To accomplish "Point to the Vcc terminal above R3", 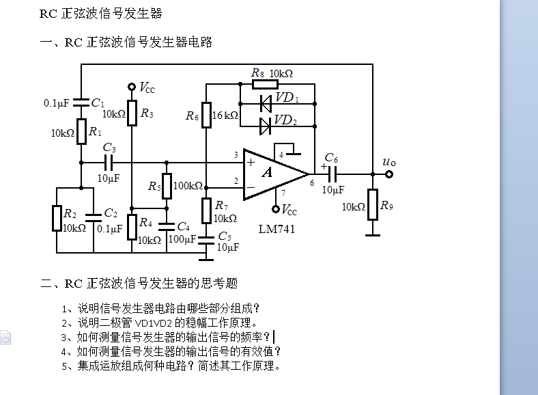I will point(132,87).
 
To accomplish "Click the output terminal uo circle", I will point(389,174).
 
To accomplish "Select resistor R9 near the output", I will point(372,204).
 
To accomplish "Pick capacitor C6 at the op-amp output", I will point(332,174).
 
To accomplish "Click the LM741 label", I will point(277,230).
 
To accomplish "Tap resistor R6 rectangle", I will point(206,116).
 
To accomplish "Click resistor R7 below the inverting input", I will point(206,207).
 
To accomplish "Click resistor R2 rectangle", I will point(57,219).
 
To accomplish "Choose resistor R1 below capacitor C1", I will point(81,131).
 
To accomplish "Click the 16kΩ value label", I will point(225,115).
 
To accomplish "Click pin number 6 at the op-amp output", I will point(312,183).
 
